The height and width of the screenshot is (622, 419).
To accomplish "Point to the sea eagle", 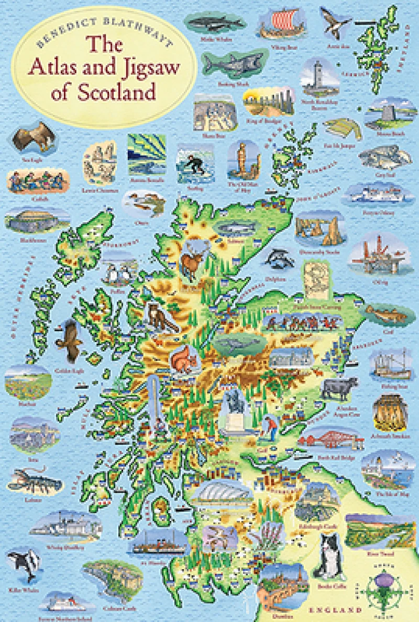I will [29, 138].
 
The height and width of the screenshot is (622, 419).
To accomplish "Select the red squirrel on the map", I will [184, 359].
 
